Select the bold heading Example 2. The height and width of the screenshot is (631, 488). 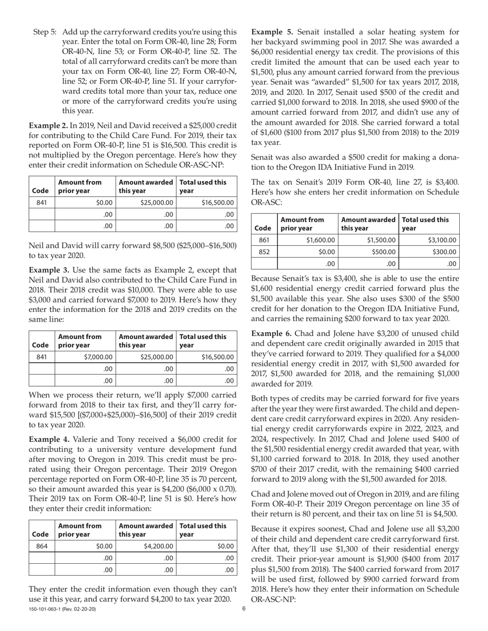point(48,125)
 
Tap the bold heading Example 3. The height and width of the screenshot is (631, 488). point(48,270)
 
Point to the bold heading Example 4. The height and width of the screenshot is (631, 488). point(48,439)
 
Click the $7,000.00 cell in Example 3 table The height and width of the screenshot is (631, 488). point(85,357)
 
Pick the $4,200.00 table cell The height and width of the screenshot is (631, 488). point(146,546)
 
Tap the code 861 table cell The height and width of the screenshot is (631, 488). point(264,240)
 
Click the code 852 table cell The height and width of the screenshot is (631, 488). point(264,252)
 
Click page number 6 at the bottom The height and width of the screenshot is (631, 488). point(244,609)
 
